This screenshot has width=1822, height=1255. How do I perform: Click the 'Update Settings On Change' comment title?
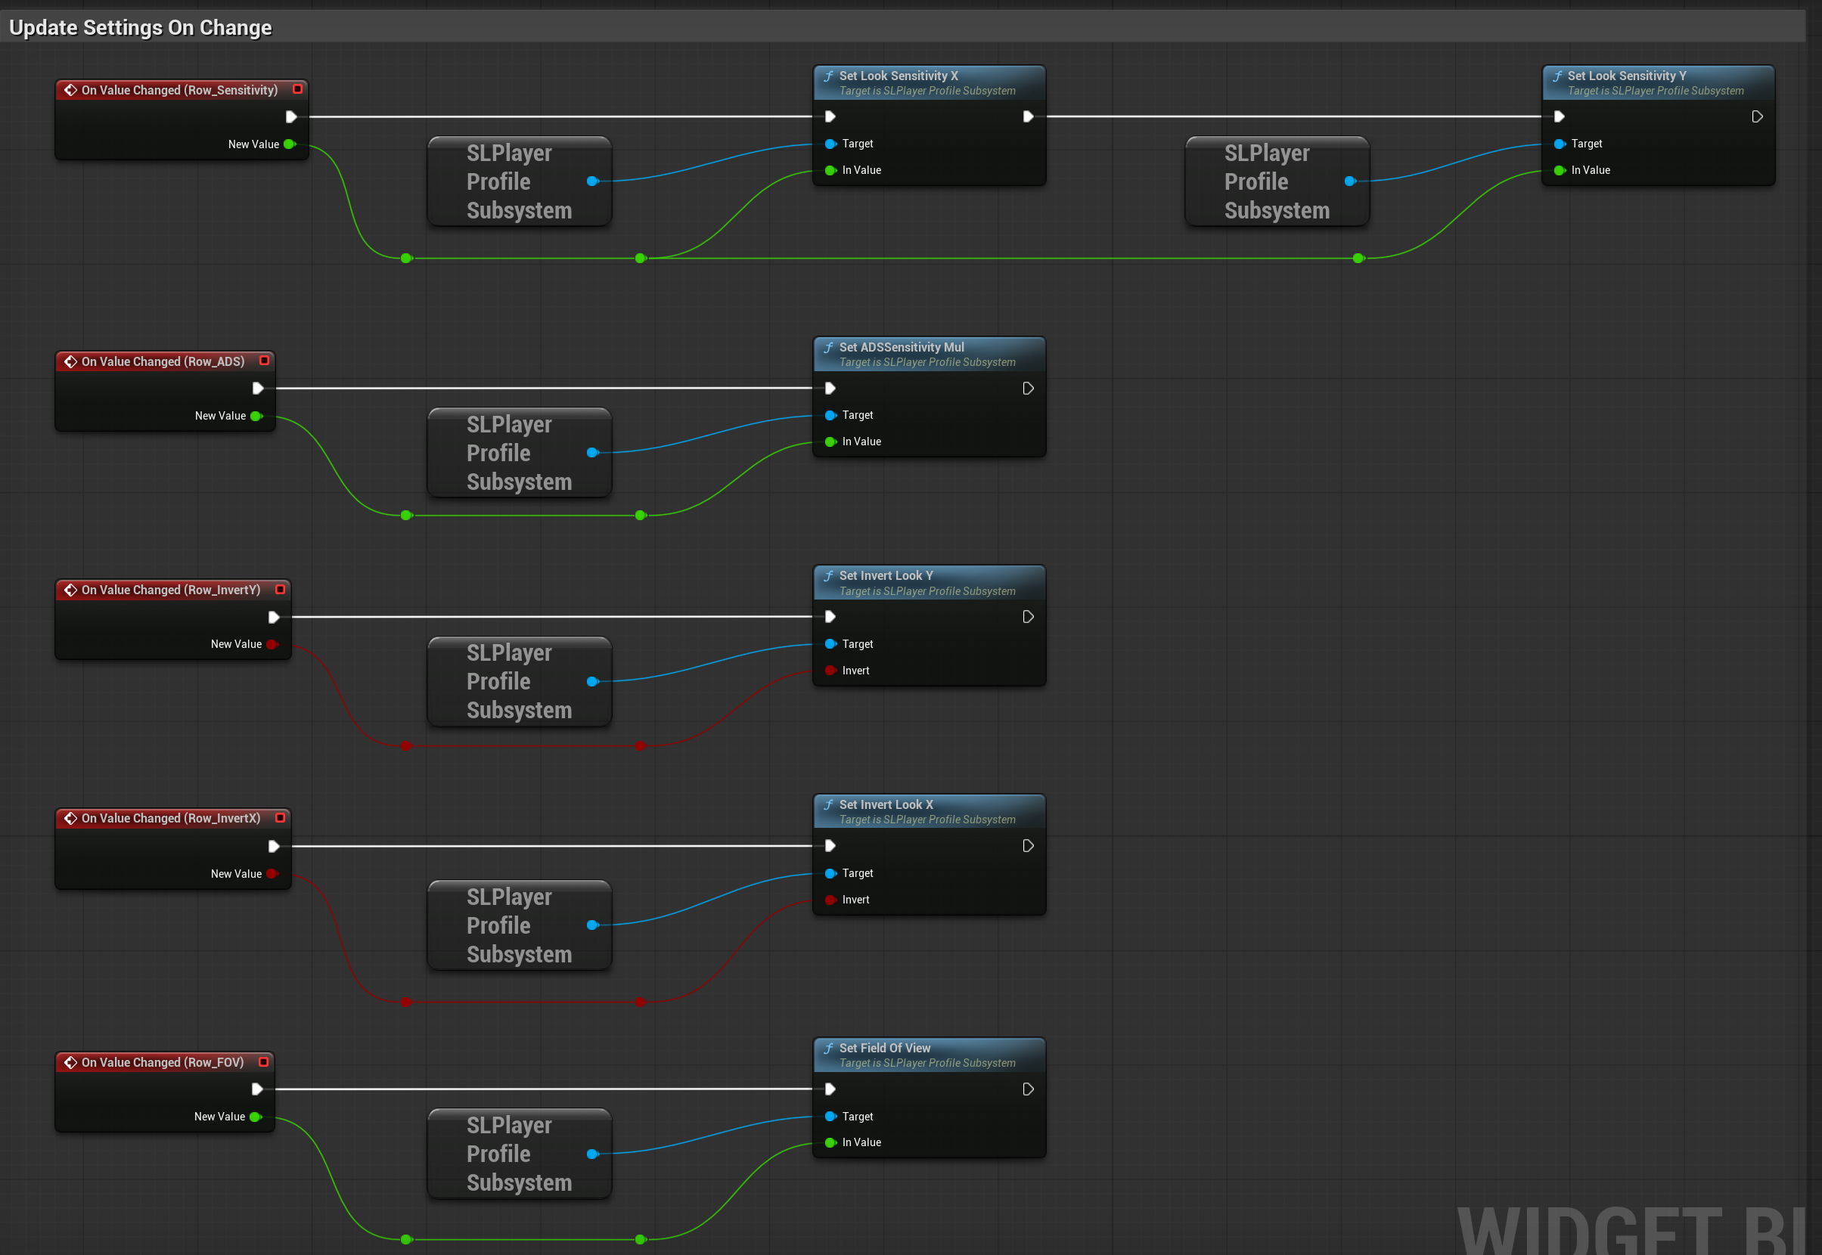click(140, 27)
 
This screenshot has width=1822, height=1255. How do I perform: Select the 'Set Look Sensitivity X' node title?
click(899, 76)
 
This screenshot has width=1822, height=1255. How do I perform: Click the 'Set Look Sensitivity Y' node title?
click(1627, 76)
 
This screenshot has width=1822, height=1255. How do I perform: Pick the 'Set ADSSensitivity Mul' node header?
click(929, 354)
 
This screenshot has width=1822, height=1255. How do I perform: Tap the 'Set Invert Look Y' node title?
click(886, 575)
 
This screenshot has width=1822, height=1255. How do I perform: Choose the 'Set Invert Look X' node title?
click(886, 804)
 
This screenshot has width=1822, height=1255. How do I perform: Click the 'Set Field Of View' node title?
click(884, 1047)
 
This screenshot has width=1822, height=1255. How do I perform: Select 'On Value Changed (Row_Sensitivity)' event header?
click(181, 90)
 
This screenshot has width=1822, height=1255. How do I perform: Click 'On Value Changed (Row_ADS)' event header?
click(164, 361)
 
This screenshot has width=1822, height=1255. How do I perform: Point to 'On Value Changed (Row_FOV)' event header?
click(164, 1061)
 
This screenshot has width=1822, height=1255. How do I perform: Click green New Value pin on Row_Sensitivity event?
click(290, 144)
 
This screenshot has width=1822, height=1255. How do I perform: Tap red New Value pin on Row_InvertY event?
click(272, 644)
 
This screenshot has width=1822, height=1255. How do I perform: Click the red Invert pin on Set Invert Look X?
click(830, 900)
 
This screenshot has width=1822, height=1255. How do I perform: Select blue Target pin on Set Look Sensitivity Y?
click(1560, 144)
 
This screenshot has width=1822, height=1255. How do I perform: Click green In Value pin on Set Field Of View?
click(830, 1142)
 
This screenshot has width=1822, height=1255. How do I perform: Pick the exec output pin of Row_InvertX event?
click(274, 846)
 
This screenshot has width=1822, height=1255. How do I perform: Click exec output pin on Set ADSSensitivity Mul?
click(1027, 389)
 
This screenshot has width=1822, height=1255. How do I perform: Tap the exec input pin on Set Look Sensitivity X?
click(830, 116)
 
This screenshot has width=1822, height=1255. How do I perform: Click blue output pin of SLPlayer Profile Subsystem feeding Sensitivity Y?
click(1350, 181)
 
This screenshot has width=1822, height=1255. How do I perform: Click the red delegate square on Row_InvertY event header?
click(280, 589)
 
